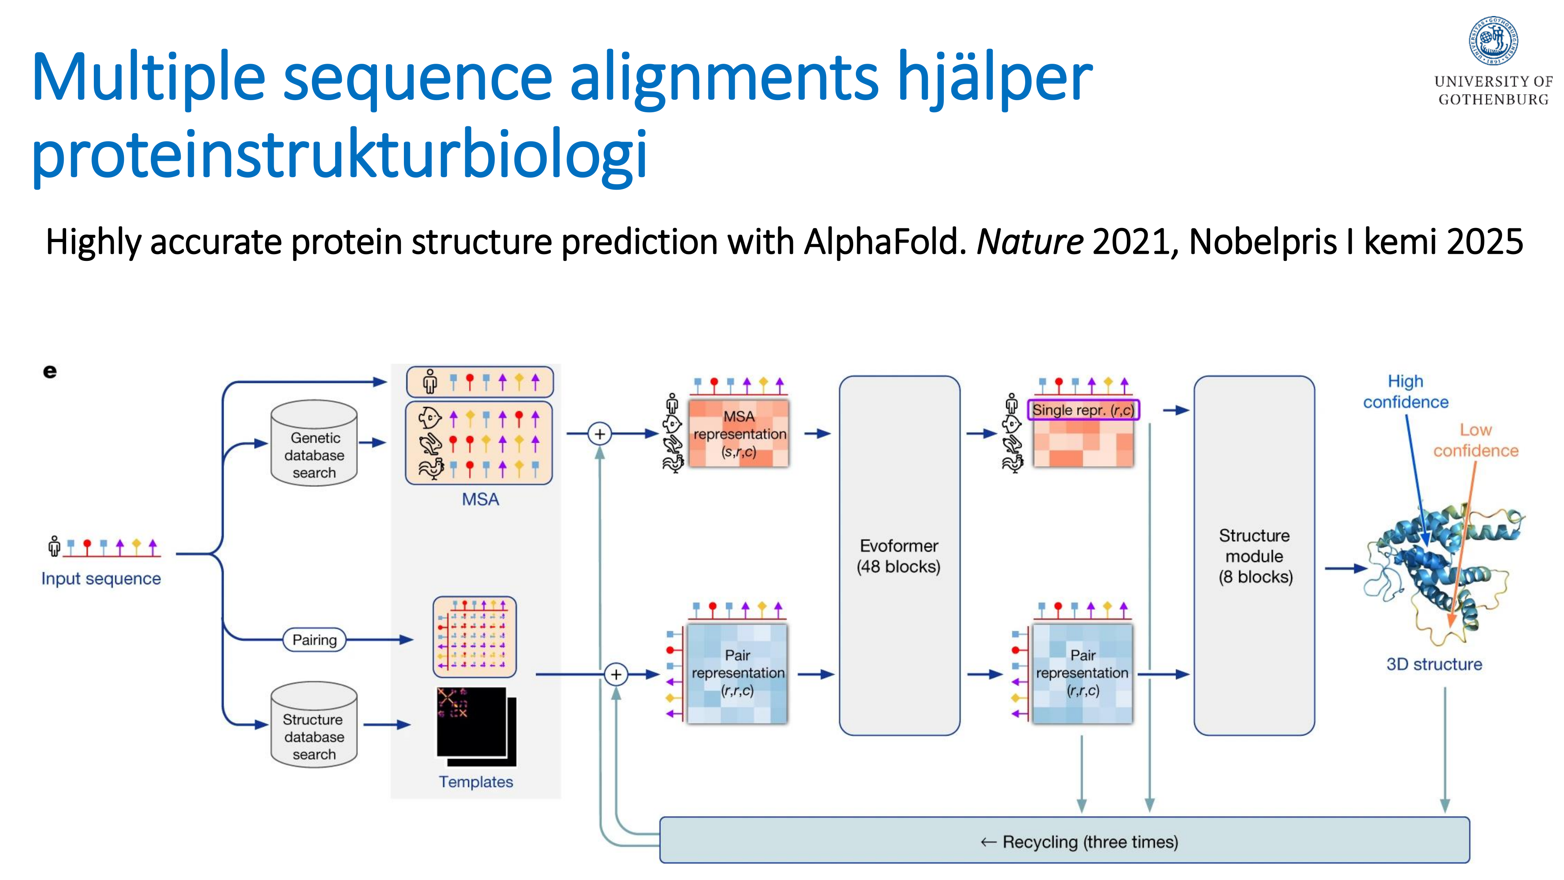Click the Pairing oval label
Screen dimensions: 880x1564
pyautogui.click(x=314, y=639)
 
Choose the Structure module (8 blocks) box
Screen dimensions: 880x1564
pyautogui.click(x=1254, y=556)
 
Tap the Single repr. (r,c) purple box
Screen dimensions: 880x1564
pyautogui.click(x=1083, y=410)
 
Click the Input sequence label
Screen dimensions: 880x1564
pyautogui.click(x=101, y=579)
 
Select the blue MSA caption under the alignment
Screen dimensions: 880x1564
pyautogui.click(x=480, y=499)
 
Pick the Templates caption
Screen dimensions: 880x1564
pyautogui.click(x=476, y=781)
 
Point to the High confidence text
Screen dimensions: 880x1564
pyautogui.click(x=1406, y=392)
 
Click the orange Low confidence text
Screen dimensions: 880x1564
pyautogui.click(x=1475, y=440)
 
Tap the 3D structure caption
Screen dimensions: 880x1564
pyautogui.click(x=1434, y=664)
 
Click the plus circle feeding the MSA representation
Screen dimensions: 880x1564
pyautogui.click(x=600, y=434)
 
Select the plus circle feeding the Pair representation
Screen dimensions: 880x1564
pyautogui.click(x=616, y=674)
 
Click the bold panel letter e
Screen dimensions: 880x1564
pyautogui.click(x=50, y=371)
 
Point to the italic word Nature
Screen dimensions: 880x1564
pyautogui.click(x=1030, y=242)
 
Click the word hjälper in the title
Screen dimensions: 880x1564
pyautogui.click(x=994, y=78)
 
